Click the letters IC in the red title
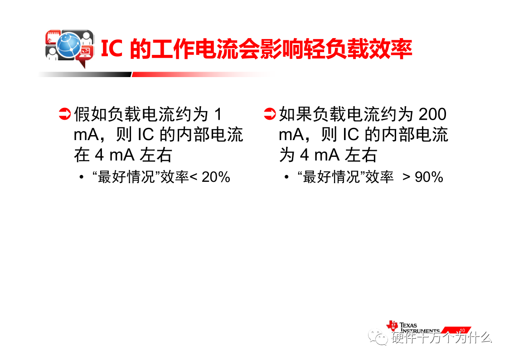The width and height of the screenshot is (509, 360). tap(111, 49)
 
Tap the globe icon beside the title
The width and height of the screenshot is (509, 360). tap(68, 46)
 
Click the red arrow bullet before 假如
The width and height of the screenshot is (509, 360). tap(65, 114)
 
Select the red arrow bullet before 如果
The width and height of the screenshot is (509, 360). tap(269, 114)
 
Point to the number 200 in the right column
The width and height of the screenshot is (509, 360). tap(432, 114)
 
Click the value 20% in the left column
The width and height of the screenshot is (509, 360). tap(216, 177)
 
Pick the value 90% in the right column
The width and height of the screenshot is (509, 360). tap(429, 177)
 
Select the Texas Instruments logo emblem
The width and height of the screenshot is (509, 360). tap(392, 326)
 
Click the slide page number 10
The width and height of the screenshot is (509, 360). tap(462, 331)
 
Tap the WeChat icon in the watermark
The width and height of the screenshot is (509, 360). tap(378, 337)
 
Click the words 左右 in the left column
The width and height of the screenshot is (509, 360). tap(156, 155)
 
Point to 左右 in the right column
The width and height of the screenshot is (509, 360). tap(361, 155)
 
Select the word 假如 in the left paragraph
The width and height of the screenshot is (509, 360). tap(91, 114)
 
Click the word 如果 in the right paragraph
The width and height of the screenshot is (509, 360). tap(296, 114)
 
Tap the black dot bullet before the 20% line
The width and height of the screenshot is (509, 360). tap(82, 177)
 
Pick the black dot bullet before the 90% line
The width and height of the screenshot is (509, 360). tap(286, 177)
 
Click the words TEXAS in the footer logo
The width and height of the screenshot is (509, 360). tap(408, 325)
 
